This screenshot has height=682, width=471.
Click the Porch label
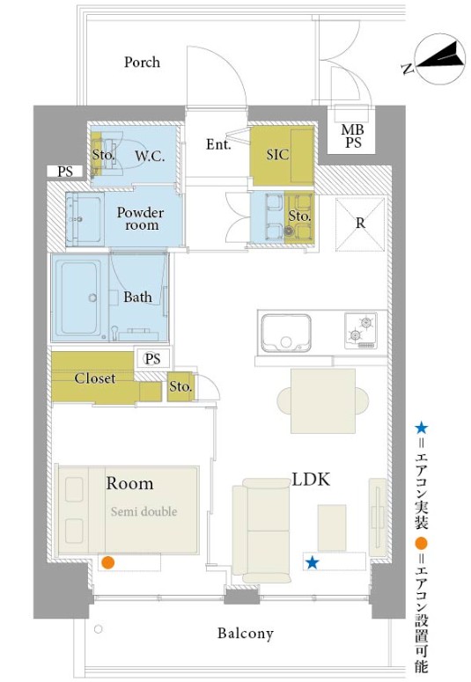[x=142, y=62]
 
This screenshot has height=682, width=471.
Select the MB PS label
[x=353, y=136]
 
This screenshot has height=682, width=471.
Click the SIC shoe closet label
[x=277, y=154]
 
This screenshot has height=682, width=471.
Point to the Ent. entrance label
[x=218, y=144]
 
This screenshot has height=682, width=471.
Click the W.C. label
[x=150, y=156]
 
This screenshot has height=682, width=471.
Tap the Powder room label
[x=141, y=219]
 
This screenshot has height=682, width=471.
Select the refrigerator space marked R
[x=360, y=224]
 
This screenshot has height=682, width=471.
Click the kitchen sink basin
[x=286, y=333]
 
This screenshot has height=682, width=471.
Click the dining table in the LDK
[x=323, y=400]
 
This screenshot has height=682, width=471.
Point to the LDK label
[x=311, y=480]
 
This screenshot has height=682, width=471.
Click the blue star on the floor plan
[x=313, y=563]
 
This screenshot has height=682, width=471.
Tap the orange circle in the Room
[x=107, y=562]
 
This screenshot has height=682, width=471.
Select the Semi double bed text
[x=144, y=511]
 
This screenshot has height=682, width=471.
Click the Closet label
[x=95, y=378]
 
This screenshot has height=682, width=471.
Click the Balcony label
[x=246, y=634]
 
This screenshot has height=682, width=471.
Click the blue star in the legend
[x=421, y=429]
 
